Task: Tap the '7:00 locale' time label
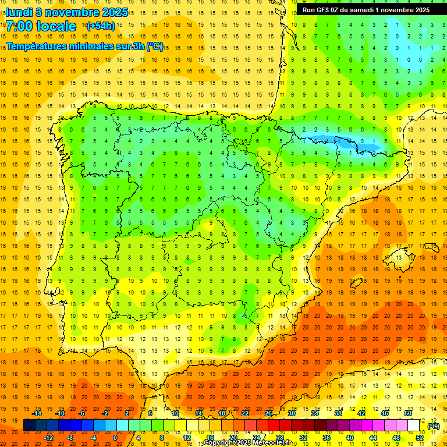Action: click(41, 26)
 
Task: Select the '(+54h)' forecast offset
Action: click(100, 26)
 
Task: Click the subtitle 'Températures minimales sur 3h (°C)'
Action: click(84, 47)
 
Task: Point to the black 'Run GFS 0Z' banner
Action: click(366, 10)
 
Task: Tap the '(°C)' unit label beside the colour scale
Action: click(433, 426)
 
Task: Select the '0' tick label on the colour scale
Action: click(115, 438)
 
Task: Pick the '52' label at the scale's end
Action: click(420, 438)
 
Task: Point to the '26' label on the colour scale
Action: click(268, 413)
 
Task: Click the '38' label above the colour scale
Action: click(338, 413)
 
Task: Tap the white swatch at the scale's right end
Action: click(414, 425)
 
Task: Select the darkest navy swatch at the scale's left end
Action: click(29, 425)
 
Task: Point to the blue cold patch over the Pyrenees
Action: click(343, 141)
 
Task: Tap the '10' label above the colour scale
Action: click(175, 413)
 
